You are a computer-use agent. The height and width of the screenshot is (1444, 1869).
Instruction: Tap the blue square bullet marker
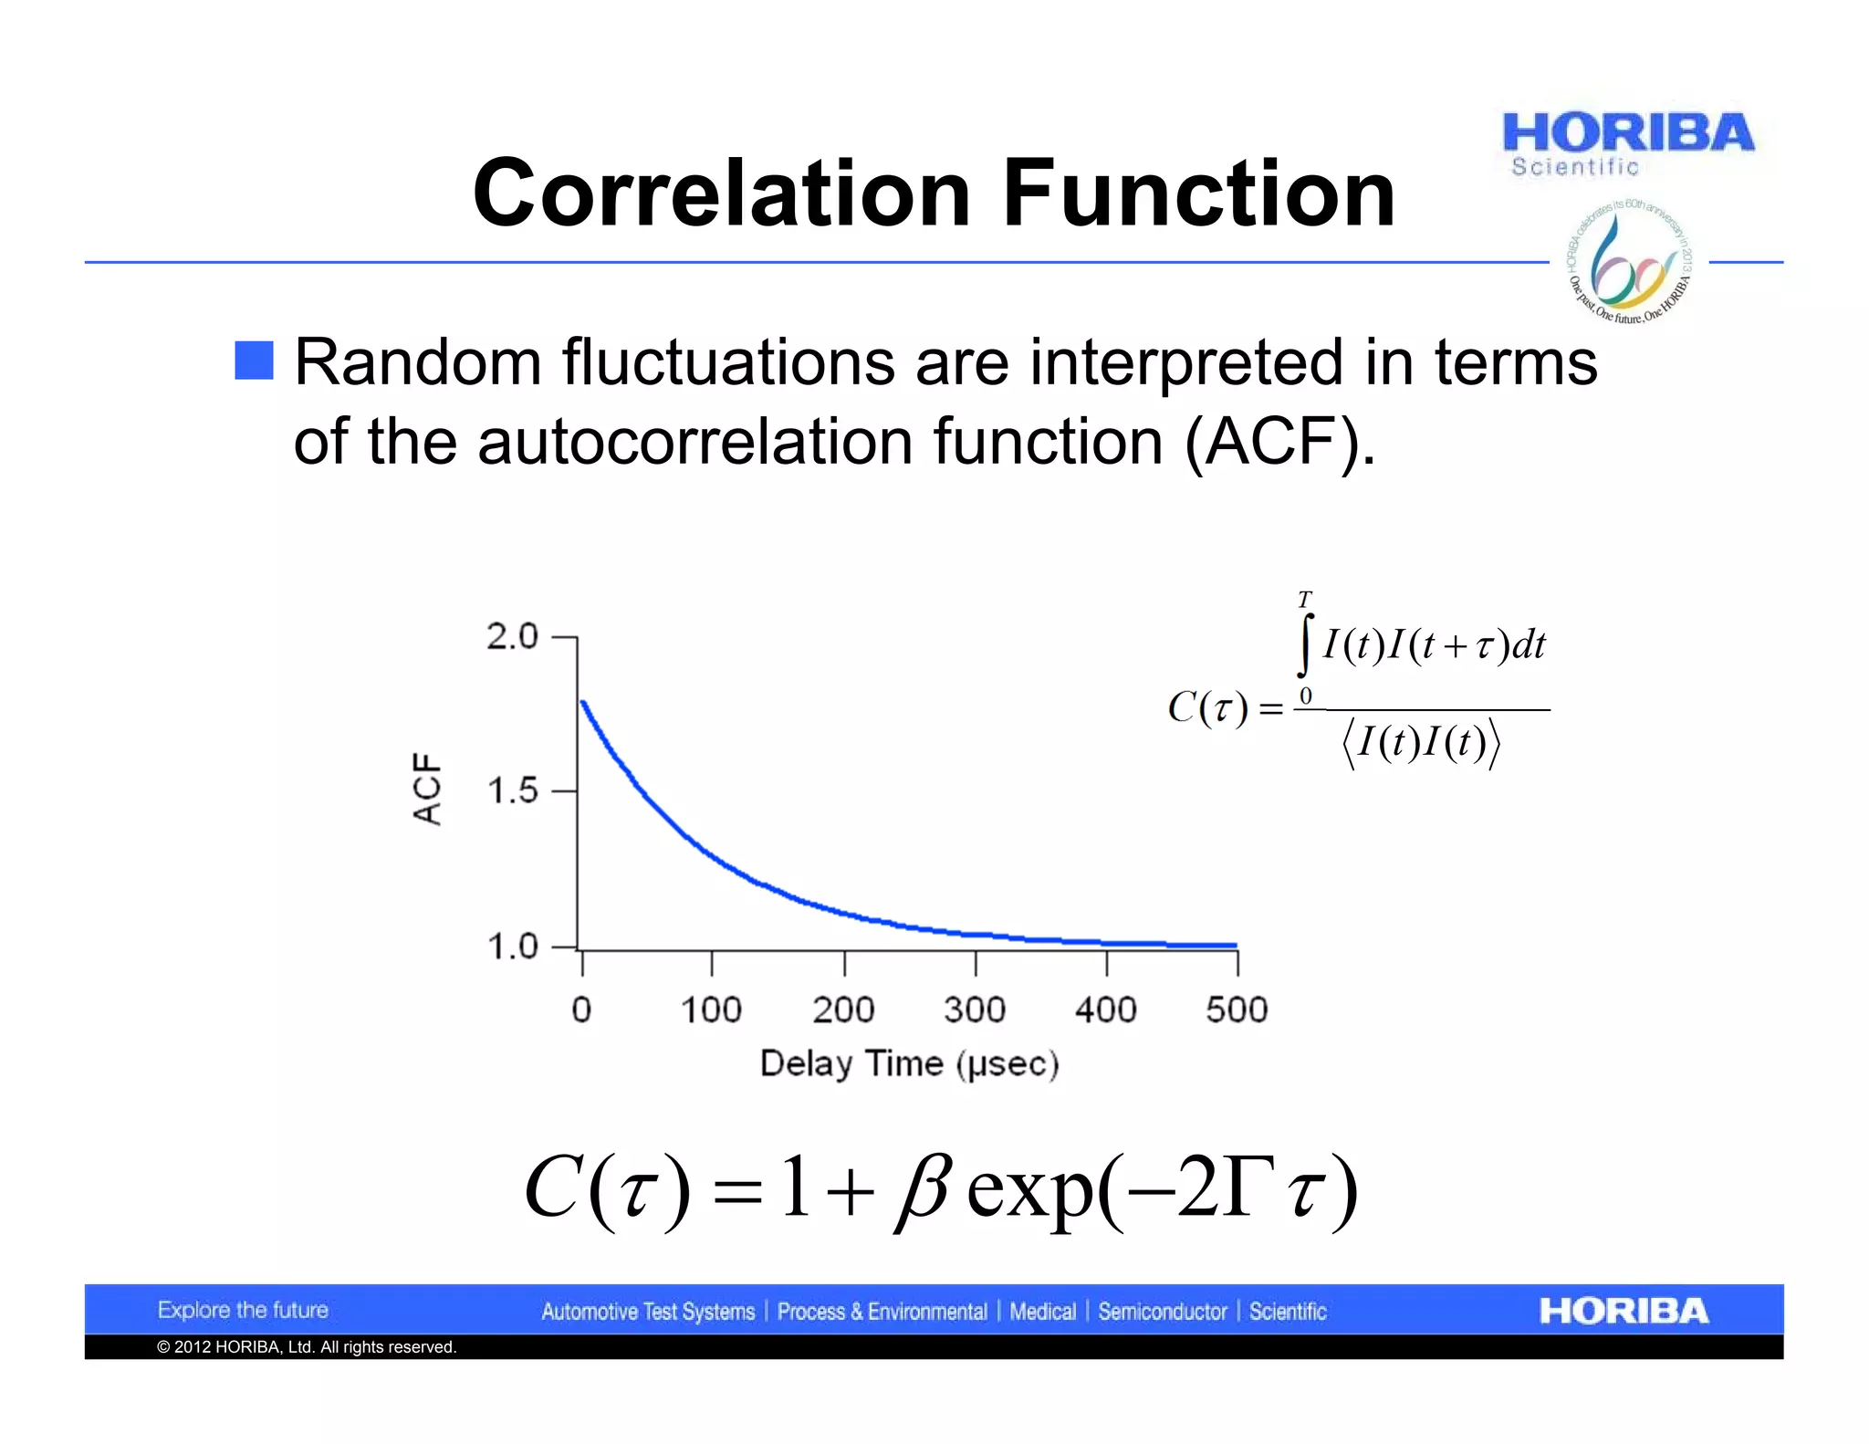click(254, 361)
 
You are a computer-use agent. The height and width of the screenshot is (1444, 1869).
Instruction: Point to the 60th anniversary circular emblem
click(1629, 262)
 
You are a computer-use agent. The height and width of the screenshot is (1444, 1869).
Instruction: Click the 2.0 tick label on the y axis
click(512, 636)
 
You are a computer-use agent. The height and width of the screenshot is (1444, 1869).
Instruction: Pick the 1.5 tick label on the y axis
click(512, 790)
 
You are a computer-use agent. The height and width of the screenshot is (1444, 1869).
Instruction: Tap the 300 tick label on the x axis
click(974, 1010)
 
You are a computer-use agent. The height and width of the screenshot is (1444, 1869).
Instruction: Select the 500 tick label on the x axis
click(1237, 1010)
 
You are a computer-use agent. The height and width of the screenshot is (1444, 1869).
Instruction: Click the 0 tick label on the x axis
click(581, 1010)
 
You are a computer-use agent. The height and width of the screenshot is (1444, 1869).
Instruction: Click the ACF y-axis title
click(427, 789)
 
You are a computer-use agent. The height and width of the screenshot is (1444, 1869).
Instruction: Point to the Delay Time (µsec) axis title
click(909, 1064)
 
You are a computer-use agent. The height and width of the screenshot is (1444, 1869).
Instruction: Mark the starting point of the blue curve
click(583, 702)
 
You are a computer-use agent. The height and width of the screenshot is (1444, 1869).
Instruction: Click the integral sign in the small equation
click(1305, 646)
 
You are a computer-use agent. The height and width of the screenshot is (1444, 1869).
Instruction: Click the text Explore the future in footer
click(243, 1310)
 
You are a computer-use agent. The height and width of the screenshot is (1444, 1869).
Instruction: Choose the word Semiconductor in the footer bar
click(1162, 1312)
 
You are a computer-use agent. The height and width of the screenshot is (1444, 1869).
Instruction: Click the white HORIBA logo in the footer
click(1623, 1311)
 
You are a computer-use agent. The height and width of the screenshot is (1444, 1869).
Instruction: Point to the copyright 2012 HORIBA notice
click(307, 1347)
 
